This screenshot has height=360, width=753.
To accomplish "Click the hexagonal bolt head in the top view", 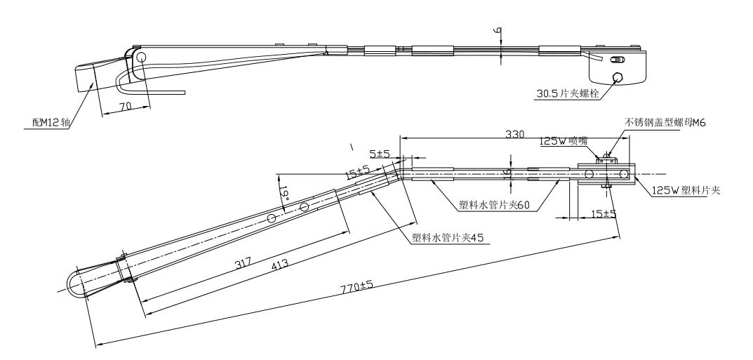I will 618,78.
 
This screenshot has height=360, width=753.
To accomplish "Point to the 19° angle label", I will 284,193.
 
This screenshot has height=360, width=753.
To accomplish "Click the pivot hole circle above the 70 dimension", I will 141,57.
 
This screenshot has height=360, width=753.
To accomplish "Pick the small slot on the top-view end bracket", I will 618,60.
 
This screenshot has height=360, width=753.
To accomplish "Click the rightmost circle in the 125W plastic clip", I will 623,173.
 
